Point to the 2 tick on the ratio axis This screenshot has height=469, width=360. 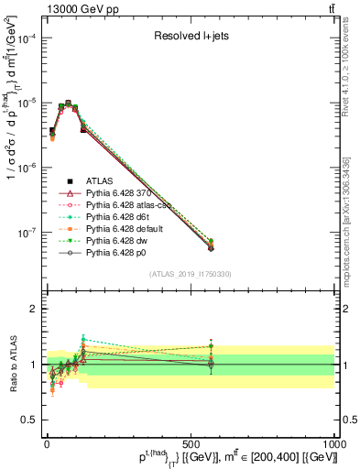click(x=33, y=309)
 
